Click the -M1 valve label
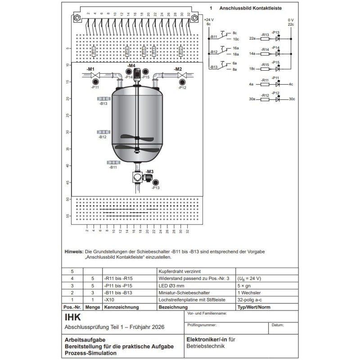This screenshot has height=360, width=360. point(90,69)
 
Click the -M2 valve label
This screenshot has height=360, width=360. point(178,69)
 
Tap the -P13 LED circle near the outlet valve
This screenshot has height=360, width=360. point(156,182)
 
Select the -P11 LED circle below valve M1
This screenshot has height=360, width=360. point(96,82)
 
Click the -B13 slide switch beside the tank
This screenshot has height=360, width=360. point(103,98)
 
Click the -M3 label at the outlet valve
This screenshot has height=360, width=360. point(149,171)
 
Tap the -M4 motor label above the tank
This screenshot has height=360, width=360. point(131,66)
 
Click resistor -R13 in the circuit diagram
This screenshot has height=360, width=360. point(265,39)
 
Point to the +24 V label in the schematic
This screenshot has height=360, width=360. point(209,20)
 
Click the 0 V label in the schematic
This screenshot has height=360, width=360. point(291,20)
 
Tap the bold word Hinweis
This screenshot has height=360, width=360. point(74,251)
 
